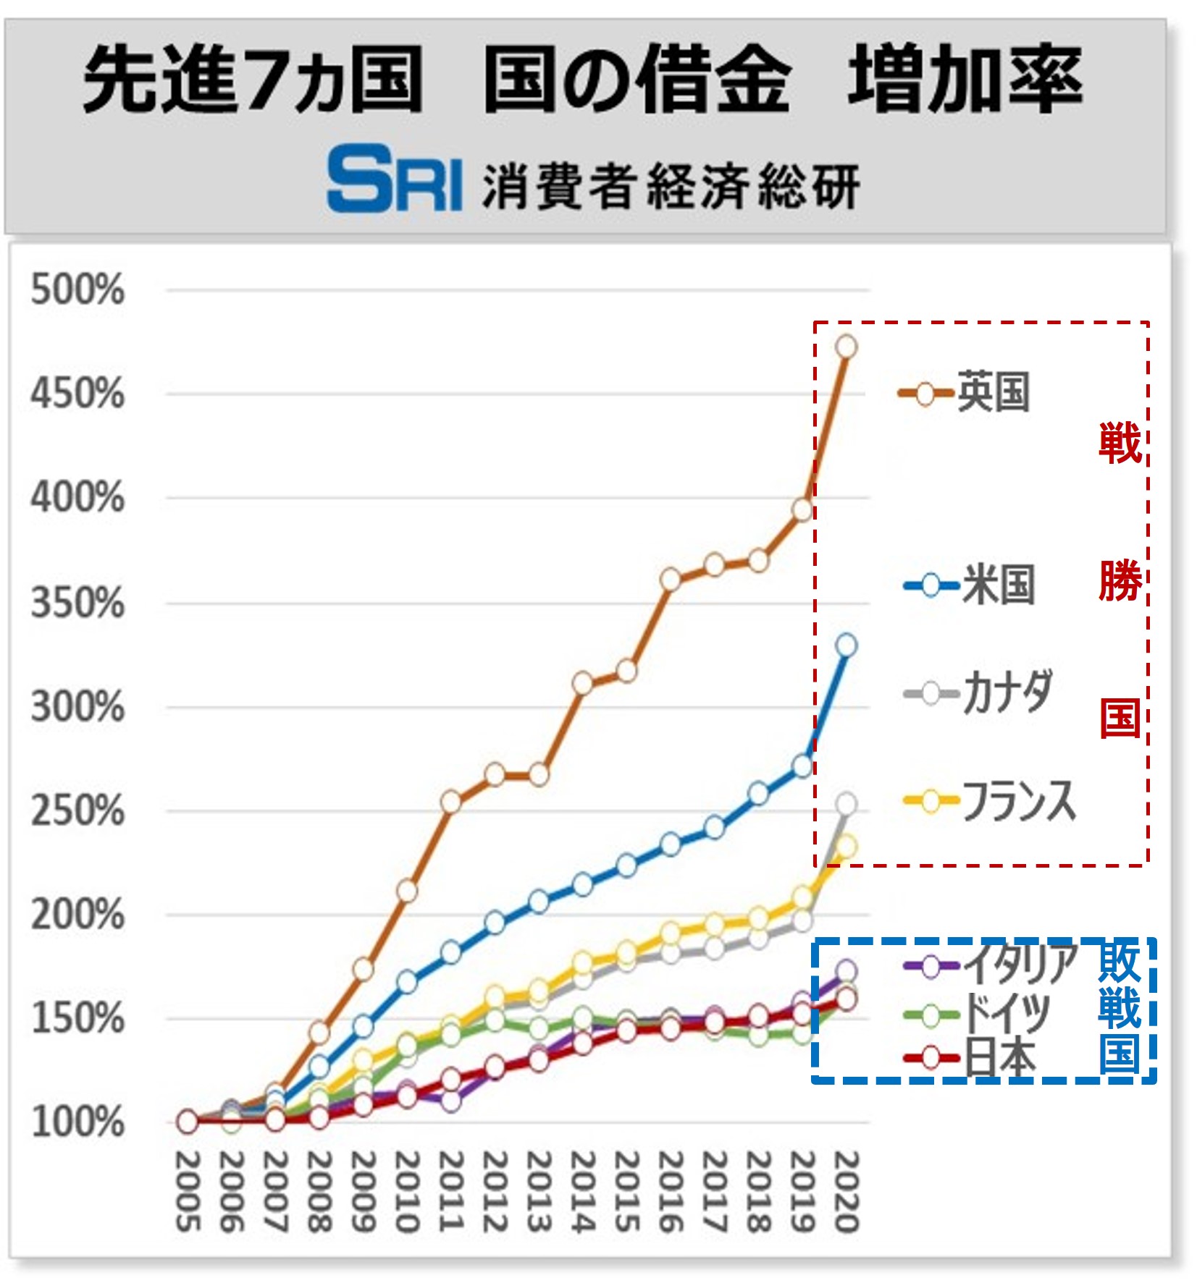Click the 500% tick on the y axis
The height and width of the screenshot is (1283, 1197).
coord(77,290)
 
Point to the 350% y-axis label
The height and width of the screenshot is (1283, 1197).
coord(77,603)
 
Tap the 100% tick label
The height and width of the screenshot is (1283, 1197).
coord(77,1122)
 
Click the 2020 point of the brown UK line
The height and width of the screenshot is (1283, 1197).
coord(846,347)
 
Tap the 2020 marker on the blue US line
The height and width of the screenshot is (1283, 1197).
coord(846,645)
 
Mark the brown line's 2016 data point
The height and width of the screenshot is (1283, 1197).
coord(671,580)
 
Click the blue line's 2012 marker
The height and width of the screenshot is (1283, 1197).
coord(495,923)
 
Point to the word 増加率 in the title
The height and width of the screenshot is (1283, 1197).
coord(965,80)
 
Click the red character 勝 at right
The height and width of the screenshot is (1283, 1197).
coord(1120,580)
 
